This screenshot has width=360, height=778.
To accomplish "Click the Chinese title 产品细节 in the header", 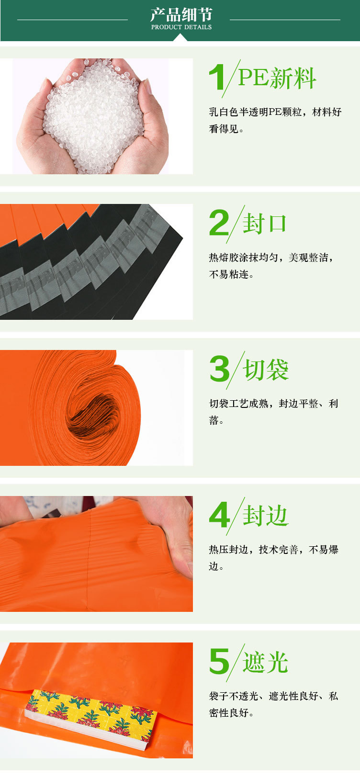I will (x=181, y=14).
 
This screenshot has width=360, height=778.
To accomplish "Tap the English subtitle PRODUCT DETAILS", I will (x=181, y=27).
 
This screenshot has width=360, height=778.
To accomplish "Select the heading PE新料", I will (x=277, y=78).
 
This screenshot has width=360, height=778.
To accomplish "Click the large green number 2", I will (x=219, y=223).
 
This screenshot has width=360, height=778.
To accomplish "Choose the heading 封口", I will (x=264, y=224).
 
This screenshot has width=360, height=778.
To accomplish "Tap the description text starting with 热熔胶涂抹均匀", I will (x=271, y=266).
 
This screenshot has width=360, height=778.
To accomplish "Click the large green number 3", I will (x=219, y=369).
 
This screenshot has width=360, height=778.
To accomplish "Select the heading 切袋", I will (x=266, y=370).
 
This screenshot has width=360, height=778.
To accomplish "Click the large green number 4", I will (x=219, y=516).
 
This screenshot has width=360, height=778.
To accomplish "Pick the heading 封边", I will (x=265, y=516).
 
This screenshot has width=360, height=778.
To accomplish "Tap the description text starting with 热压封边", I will (x=273, y=557).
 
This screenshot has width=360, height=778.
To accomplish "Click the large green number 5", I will (x=219, y=662).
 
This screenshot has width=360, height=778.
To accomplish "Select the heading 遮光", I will (x=265, y=663).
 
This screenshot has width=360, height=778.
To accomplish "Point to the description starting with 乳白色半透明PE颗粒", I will (x=275, y=120).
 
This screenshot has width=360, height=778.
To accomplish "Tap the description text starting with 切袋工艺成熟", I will (x=273, y=411).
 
